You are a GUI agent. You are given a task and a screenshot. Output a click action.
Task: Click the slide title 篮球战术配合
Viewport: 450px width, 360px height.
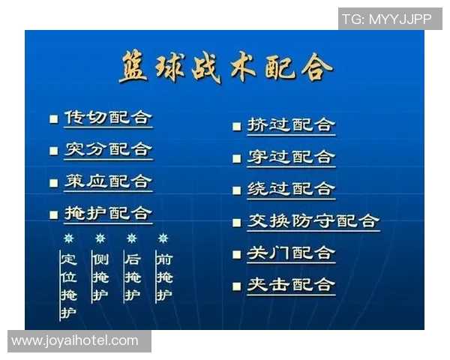pyautogui.click(x=226, y=68)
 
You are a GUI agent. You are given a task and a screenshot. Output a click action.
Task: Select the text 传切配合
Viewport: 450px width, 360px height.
pyautogui.click(x=107, y=118)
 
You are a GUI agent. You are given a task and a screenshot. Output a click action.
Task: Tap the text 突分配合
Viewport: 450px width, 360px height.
pyautogui.click(x=107, y=149)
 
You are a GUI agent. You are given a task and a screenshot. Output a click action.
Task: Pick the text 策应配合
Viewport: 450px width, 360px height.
pyautogui.click(x=107, y=181)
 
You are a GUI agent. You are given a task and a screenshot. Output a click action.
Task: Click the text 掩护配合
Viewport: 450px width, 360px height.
pyautogui.click(x=107, y=213)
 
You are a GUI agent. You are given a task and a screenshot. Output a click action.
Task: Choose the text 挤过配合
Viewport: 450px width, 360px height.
pyautogui.click(x=291, y=125)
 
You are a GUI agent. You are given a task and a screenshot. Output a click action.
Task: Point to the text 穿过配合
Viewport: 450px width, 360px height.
pyautogui.click(x=291, y=157)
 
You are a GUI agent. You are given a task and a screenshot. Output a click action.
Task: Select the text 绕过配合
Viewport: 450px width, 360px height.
pyautogui.click(x=291, y=189)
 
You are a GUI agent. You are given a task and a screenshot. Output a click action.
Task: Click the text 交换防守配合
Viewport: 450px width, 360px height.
pyautogui.click(x=313, y=221)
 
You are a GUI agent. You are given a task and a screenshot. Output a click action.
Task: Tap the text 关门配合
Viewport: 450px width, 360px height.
pyautogui.click(x=291, y=253)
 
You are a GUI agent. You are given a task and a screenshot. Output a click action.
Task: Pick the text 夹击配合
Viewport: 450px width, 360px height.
pyautogui.click(x=291, y=285)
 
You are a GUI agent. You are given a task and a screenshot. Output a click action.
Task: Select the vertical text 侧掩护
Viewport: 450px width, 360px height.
pyautogui.click(x=100, y=277)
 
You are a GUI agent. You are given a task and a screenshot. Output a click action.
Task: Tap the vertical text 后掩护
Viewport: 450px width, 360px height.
pyautogui.click(x=132, y=277)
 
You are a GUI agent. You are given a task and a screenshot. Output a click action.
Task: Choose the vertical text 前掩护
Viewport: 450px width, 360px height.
pyautogui.click(x=163, y=277)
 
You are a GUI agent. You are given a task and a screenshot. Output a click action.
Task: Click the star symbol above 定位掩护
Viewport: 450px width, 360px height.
pyautogui.click(x=69, y=238)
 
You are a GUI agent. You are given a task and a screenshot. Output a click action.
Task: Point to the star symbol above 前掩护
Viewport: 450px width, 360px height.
pyautogui.click(x=163, y=238)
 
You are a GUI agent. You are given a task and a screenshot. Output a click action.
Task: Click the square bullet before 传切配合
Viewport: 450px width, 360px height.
pyautogui.click(x=53, y=119)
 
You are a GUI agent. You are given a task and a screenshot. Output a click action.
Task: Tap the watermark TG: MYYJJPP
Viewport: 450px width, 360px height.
pyautogui.click(x=388, y=19)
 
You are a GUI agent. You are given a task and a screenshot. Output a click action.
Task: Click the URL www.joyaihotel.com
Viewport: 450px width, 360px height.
pyautogui.click(x=76, y=340)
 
